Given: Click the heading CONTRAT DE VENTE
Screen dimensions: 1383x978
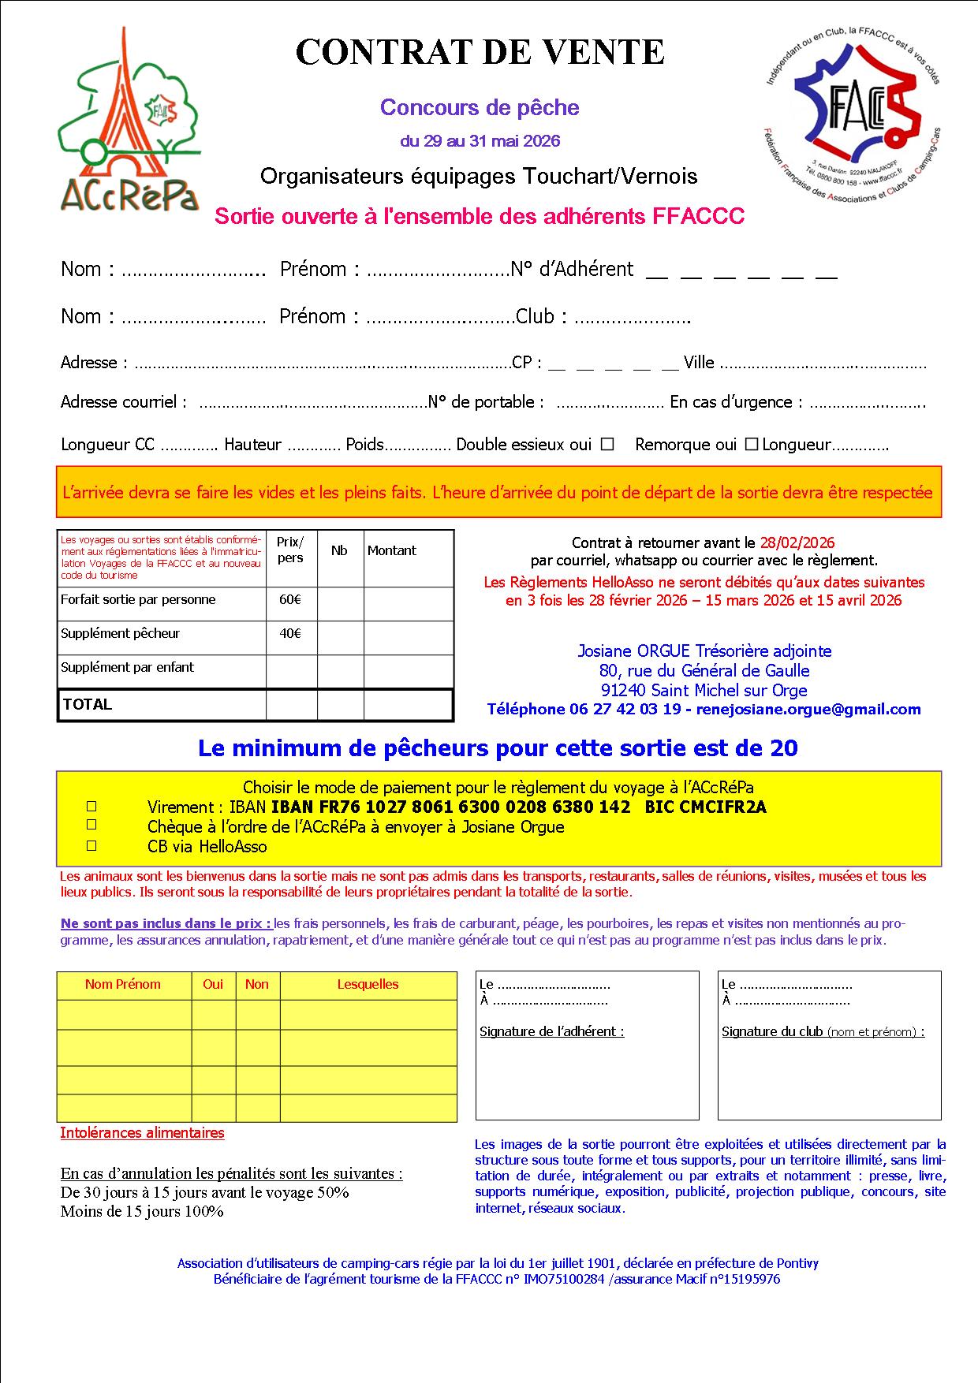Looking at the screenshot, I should click(x=480, y=52).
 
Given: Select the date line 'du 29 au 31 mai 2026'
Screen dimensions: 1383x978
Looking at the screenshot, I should click(x=480, y=141).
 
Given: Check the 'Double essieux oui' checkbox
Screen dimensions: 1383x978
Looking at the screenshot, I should click(x=607, y=444).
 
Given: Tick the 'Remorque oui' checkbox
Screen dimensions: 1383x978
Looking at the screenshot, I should click(x=751, y=444).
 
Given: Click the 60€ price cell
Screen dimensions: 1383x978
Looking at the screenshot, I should click(x=290, y=600).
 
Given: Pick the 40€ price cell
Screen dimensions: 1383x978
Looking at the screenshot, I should click(x=290, y=634).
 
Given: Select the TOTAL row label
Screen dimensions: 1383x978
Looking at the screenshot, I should click(x=88, y=705).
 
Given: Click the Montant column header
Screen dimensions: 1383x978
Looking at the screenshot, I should click(x=391, y=550).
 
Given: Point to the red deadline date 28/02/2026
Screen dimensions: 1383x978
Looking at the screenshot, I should click(x=797, y=542).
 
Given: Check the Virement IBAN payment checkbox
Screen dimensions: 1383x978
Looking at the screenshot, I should click(x=91, y=807).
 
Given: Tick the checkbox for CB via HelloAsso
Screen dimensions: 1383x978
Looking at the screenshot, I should click(x=91, y=845).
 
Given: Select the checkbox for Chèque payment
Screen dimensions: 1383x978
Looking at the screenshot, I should click(x=91, y=825).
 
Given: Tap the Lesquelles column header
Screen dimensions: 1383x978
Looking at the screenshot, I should click(x=368, y=984).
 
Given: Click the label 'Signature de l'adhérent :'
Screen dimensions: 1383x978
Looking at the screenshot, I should click(x=551, y=1031).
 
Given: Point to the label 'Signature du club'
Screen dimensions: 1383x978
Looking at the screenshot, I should click(x=772, y=1031).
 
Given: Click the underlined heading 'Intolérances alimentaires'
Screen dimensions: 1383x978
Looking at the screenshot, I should click(x=142, y=1133).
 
